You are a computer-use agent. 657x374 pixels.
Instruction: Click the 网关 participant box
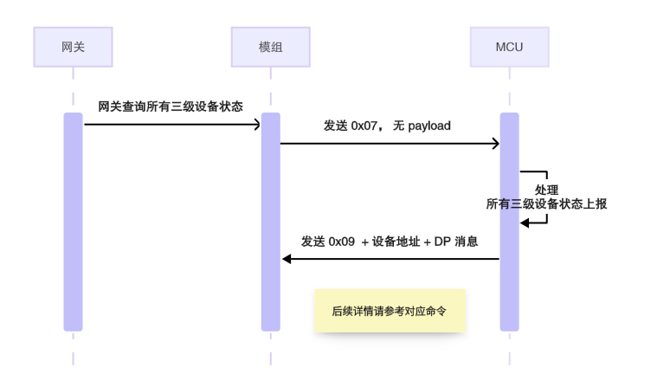point(73,47)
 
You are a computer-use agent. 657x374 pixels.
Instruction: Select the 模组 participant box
point(270,47)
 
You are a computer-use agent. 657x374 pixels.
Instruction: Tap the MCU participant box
point(509,47)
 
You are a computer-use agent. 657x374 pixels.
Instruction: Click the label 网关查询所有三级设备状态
point(171,106)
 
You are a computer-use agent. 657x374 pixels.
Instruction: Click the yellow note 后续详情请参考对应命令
point(390,311)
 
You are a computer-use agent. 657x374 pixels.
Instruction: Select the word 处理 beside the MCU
point(546,190)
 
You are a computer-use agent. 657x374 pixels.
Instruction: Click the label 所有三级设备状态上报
point(546,203)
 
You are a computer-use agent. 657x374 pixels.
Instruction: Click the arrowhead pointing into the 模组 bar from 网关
point(256,125)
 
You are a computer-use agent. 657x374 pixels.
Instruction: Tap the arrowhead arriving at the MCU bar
point(495,144)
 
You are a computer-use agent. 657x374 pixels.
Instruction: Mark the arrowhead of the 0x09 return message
point(287,259)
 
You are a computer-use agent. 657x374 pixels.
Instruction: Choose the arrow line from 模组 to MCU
point(390,144)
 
